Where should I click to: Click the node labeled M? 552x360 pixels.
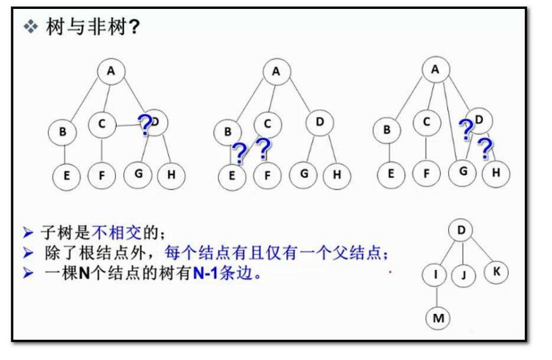(439, 318)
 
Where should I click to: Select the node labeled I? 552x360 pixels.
(435, 274)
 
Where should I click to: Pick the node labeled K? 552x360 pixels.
(496, 272)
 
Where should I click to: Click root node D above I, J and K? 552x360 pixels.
(461, 230)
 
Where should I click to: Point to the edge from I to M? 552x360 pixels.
(437, 296)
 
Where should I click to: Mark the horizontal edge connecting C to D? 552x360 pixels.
(126, 124)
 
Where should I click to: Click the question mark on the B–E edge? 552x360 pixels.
(240, 153)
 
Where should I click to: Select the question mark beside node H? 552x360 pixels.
(485, 148)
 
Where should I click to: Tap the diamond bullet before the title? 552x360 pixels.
(30, 27)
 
